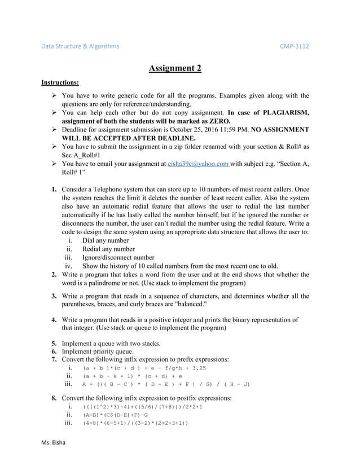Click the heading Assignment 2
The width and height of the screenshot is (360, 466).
(175, 69)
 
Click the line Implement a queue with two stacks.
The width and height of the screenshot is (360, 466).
(111, 342)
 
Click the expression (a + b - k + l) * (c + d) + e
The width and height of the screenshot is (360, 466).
(132, 376)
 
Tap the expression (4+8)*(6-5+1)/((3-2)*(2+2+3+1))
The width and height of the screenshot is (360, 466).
(135, 423)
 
